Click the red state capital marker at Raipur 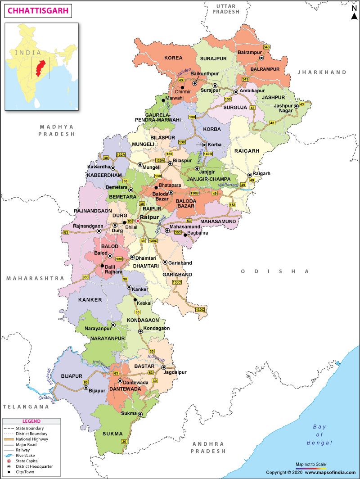point(138,221)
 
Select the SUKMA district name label point(112,434)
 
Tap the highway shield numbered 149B point(207,154)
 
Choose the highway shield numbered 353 point(178,232)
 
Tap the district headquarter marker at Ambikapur point(235,92)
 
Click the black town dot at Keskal point(134,299)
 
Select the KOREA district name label point(173,58)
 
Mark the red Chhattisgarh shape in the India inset point(41,68)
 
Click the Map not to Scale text point(310,464)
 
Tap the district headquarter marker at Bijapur point(85,387)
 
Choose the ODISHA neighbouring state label point(275,271)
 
